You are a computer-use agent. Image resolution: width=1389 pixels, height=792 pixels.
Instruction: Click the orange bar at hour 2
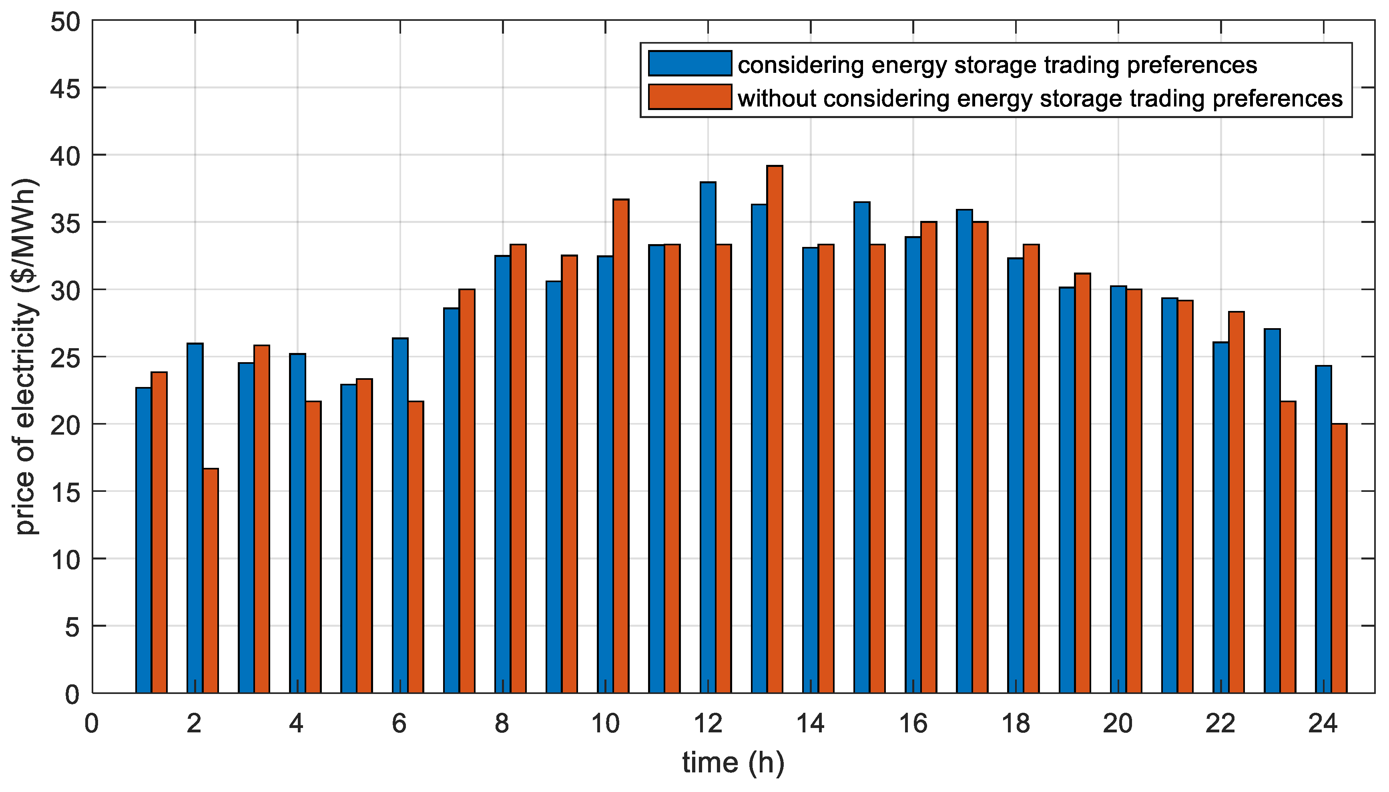click(x=211, y=580)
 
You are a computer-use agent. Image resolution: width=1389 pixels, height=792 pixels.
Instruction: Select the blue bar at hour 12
click(x=708, y=437)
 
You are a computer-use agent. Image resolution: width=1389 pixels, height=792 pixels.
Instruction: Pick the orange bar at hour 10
click(x=621, y=446)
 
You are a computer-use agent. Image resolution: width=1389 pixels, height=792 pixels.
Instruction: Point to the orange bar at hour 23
click(x=1288, y=547)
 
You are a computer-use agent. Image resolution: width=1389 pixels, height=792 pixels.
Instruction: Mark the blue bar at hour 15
click(x=862, y=447)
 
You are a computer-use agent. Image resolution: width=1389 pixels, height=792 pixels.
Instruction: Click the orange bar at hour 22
click(x=1236, y=502)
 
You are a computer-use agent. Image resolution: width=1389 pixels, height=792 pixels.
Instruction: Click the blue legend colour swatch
click(x=690, y=64)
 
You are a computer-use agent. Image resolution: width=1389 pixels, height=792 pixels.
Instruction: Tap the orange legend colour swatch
click(x=690, y=97)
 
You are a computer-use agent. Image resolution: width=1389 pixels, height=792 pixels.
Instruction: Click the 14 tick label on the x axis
click(x=810, y=724)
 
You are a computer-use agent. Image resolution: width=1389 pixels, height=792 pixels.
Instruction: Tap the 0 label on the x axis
click(x=92, y=724)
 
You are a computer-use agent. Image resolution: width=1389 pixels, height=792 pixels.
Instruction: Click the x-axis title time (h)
click(x=733, y=763)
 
